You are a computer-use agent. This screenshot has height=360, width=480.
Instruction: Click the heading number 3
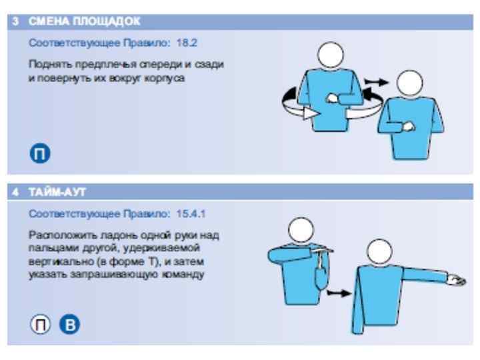(x=15, y=21)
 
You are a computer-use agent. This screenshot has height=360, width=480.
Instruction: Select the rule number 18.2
(x=187, y=43)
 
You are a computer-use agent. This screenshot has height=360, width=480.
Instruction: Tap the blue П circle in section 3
(x=40, y=153)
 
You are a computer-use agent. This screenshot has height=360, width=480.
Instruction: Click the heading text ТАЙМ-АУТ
(x=57, y=192)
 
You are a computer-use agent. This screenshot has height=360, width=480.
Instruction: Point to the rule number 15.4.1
(x=191, y=213)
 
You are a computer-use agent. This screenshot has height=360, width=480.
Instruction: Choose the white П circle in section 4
(x=40, y=324)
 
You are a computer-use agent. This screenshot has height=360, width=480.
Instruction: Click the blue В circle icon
(x=69, y=324)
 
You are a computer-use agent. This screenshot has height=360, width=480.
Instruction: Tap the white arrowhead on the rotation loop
(x=311, y=113)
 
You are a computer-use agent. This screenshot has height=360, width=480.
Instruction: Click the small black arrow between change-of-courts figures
(x=376, y=82)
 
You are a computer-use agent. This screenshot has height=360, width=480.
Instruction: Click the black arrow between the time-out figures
(x=339, y=293)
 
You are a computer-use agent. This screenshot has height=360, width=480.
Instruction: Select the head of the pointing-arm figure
(x=379, y=251)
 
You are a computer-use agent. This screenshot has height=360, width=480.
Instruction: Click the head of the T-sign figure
(x=301, y=230)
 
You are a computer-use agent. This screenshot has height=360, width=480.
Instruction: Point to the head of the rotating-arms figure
(x=331, y=55)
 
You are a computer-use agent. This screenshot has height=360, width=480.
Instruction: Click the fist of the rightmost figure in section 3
(x=408, y=127)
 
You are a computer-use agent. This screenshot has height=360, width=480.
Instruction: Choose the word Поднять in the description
(x=51, y=65)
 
